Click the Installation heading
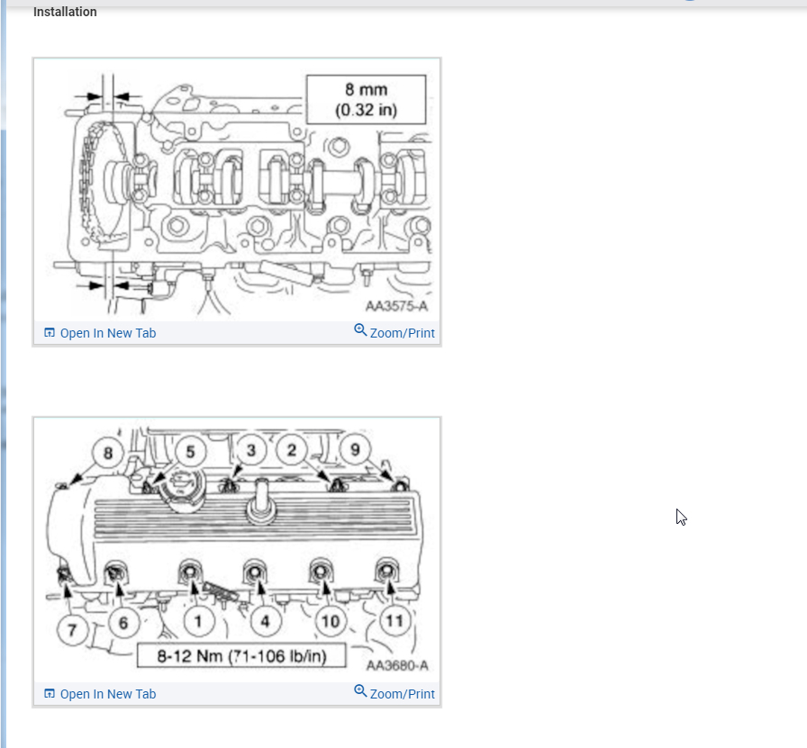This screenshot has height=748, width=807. (x=65, y=13)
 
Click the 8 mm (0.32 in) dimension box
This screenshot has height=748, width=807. (x=366, y=99)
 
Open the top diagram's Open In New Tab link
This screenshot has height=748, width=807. (x=107, y=333)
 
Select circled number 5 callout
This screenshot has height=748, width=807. (x=190, y=450)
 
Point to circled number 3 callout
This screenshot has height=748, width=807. (x=251, y=448)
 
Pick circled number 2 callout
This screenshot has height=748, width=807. (x=292, y=449)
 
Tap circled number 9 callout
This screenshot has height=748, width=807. (x=356, y=448)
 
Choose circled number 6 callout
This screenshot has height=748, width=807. (x=123, y=621)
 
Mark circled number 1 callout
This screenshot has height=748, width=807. (x=198, y=620)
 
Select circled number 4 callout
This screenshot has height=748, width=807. (x=265, y=620)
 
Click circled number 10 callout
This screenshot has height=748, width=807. (x=331, y=620)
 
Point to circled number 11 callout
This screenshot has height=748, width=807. (x=394, y=620)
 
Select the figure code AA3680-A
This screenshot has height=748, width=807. (x=397, y=666)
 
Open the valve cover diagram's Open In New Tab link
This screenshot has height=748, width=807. (x=107, y=694)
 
